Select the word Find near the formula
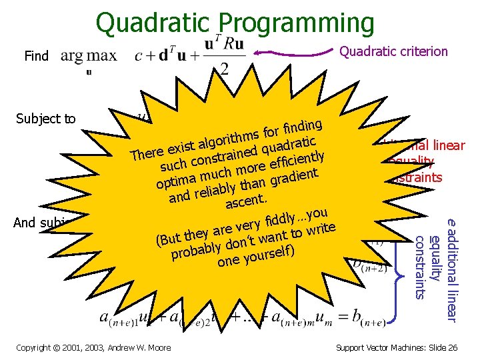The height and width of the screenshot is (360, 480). click(x=37, y=56)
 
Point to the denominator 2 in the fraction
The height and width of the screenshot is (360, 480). click(x=224, y=69)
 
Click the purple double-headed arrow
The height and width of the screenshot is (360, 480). click(x=294, y=53)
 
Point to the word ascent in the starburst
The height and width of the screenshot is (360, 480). click(x=246, y=199)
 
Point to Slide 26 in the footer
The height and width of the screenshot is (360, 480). click(x=441, y=347)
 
